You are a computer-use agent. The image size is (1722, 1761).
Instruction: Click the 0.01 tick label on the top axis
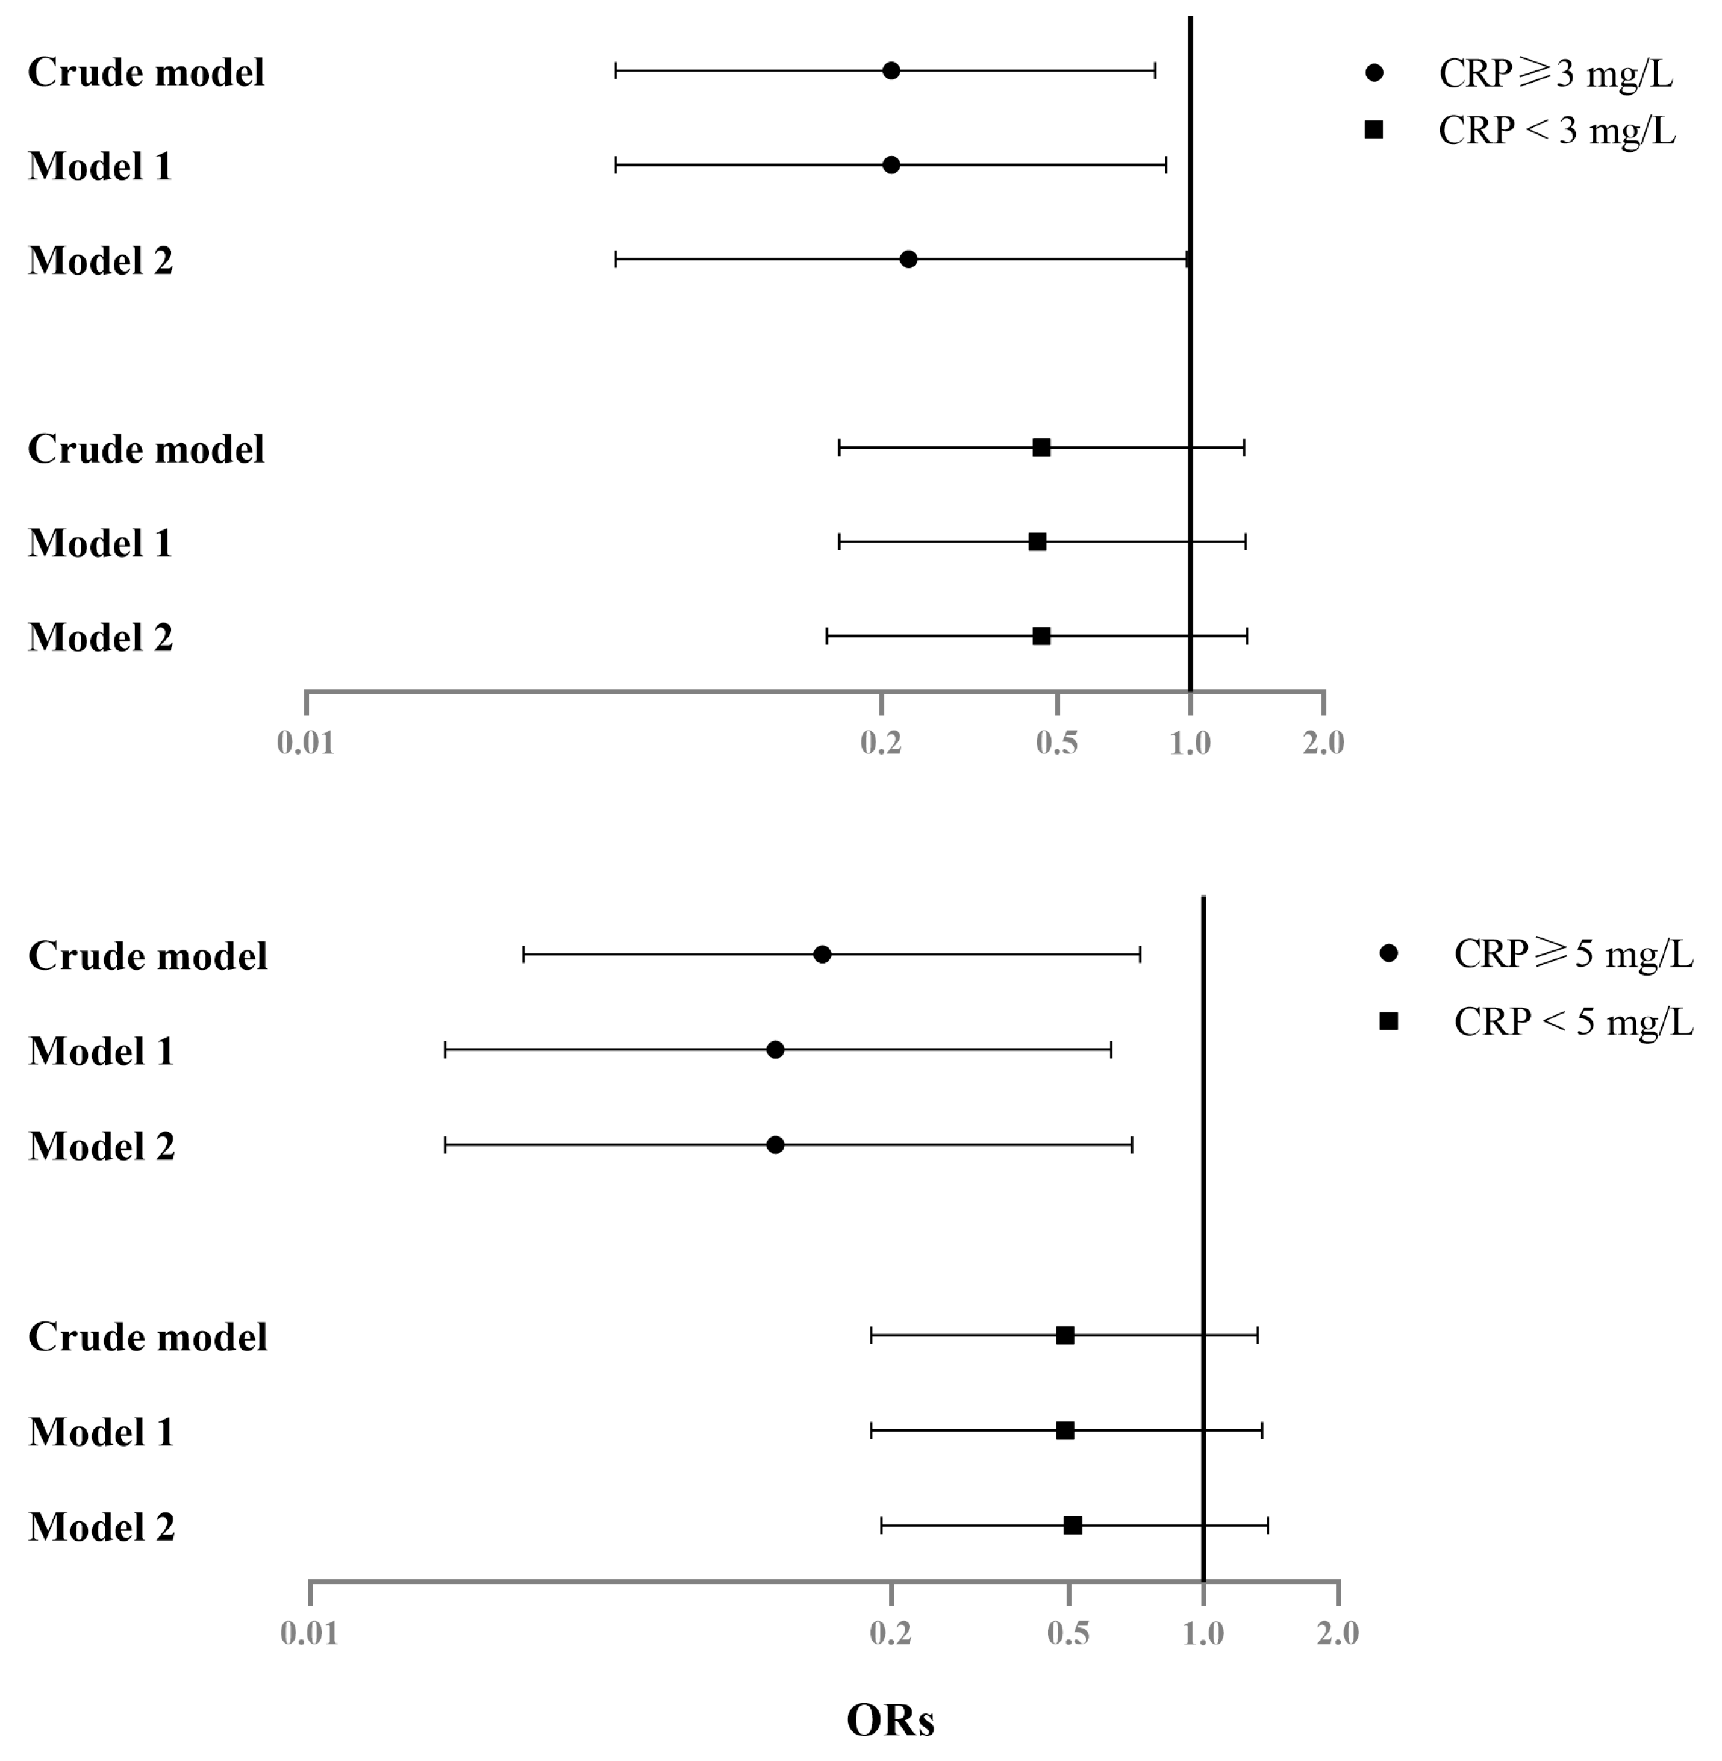tap(306, 743)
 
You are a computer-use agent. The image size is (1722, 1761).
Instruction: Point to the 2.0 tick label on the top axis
tap(1323, 743)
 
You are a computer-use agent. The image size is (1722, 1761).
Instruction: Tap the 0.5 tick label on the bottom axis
tap(1068, 1633)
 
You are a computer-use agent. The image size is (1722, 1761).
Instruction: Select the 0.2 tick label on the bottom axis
tap(891, 1633)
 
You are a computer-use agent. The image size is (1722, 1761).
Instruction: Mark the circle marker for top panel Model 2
tap(909, 260)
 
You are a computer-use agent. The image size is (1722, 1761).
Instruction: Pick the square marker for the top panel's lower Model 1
tap(1037, 542)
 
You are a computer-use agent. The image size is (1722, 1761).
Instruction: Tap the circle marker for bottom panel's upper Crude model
tap(822, 954)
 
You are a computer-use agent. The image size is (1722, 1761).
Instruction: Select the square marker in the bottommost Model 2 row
tap(1073, 1526)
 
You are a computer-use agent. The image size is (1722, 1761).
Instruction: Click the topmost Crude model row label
tap(146, 72)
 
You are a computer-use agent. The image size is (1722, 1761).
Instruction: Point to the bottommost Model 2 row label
tap(101, 1527)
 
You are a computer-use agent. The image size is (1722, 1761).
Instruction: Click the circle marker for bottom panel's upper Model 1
tap(775, 1049)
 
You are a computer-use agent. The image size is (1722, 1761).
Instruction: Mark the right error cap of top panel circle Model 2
tap(1187, 260)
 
